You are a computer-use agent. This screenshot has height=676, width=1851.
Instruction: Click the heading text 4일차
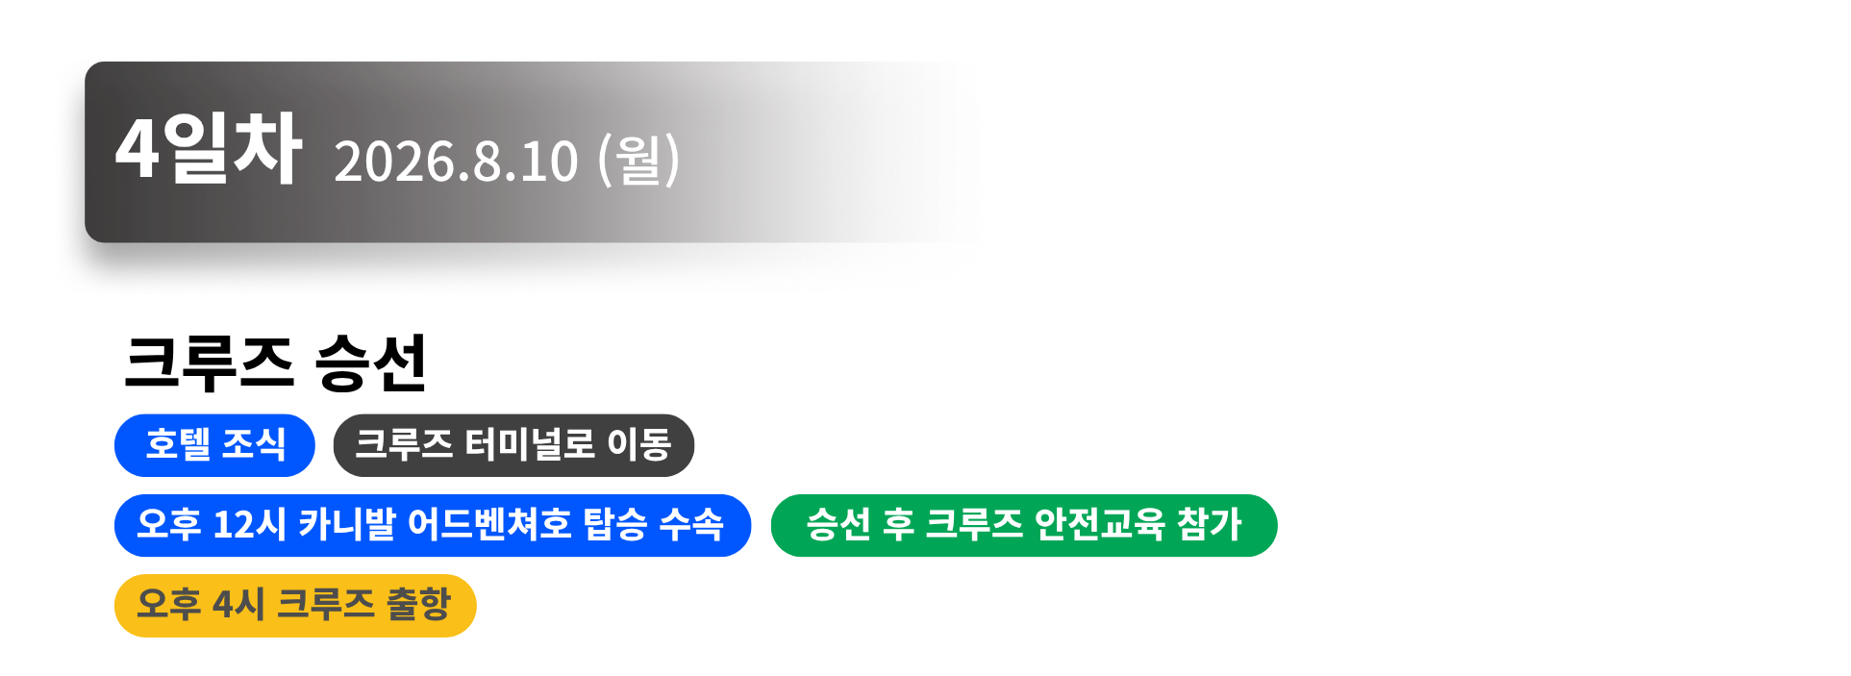click(x=208, y=149)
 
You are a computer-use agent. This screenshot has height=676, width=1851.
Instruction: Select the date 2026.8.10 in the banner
click(x=456, y=161)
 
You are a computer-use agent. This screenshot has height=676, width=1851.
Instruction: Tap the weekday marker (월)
click(x=638, y=160)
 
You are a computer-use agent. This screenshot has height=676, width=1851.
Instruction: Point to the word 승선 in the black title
click(x=370, y=363)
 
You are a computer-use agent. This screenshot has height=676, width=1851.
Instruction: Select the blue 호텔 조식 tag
click(x=214, y=445)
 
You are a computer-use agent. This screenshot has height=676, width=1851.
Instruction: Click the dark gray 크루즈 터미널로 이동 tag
click(x=513, y=445)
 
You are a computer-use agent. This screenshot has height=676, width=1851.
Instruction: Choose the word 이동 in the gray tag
click(x=638, y=445)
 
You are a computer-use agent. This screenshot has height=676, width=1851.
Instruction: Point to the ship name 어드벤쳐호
click(x=488, y=525)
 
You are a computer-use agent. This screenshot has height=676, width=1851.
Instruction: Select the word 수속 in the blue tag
click(x=691, y=525)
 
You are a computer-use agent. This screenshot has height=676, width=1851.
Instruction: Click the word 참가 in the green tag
click(x=1210, y=525)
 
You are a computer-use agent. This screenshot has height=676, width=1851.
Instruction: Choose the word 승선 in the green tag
click(x=838, y=525)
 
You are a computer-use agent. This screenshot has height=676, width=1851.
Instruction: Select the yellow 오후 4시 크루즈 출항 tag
click(x=295, y=606)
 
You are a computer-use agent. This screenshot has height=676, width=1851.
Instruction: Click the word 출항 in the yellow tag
click(x=418, y=606)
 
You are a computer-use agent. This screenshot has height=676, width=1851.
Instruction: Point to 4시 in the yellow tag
click(x=238, y=606)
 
